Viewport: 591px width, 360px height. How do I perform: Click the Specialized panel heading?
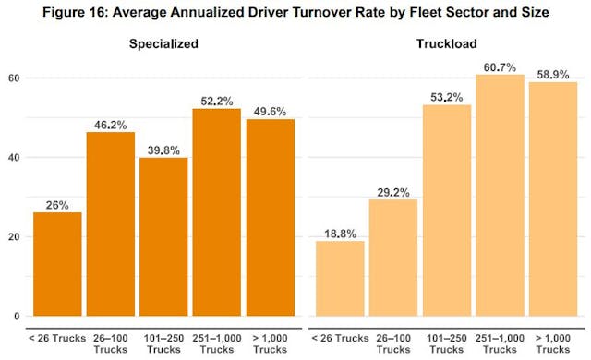click(x=163, y=42)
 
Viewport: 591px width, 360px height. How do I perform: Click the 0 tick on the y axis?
click(x=17, y=317)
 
